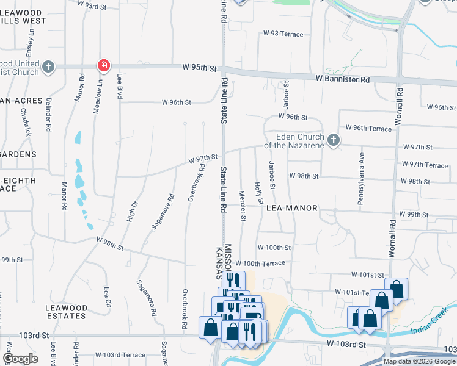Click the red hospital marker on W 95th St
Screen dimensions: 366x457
pos(104,65)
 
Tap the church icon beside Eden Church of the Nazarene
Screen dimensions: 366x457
pos(333,140)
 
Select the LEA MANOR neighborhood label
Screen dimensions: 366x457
pos(292,208)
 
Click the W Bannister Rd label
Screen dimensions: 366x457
pos(343,79)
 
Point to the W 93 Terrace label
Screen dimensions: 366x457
pos(282,34)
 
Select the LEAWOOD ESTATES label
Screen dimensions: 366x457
pos(66,312)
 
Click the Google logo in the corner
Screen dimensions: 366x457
pos(20,359)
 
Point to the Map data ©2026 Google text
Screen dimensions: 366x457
pos(419,361)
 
